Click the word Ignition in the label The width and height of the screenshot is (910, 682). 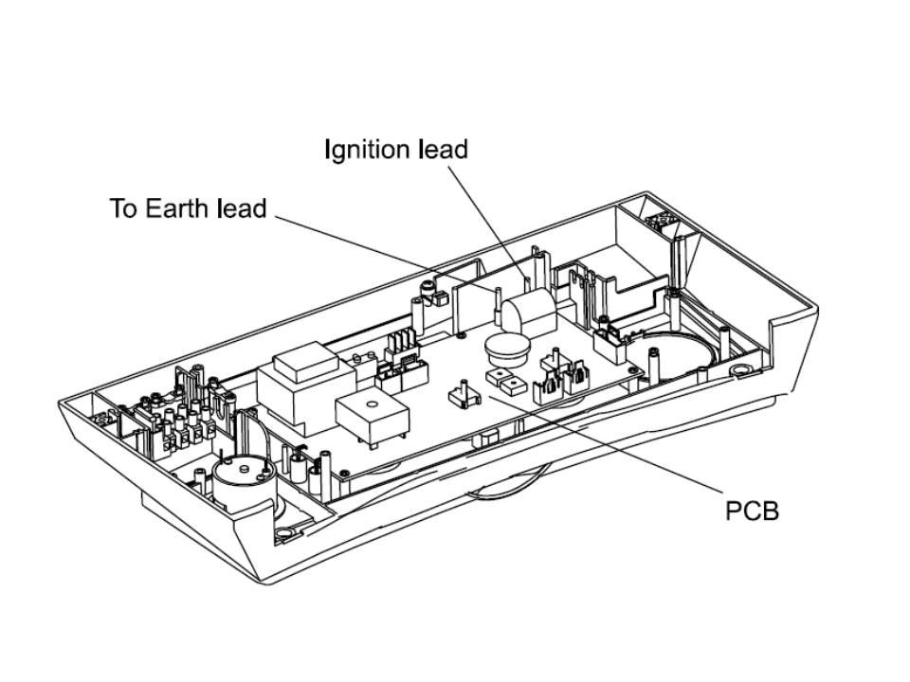368,150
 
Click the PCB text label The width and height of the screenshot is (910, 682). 752,511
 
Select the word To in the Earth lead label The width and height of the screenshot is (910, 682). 124,208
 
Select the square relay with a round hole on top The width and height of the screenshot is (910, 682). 373,417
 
